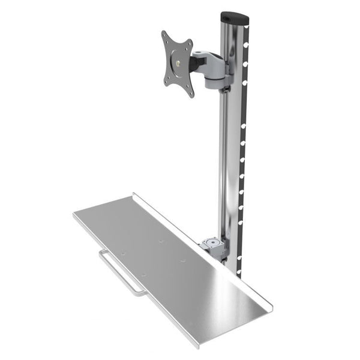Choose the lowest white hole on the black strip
click(239, 273)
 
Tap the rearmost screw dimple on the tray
click(161, 242)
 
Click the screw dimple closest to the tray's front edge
click(143, 275)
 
